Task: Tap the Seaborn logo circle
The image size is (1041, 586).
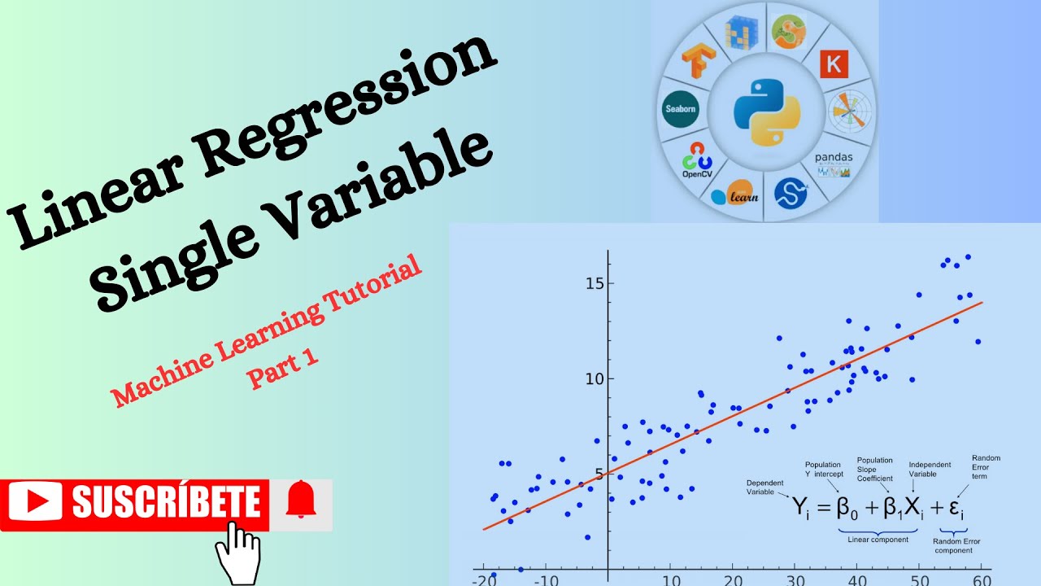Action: pos(681,109)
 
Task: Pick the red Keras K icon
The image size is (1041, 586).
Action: pos(833,63)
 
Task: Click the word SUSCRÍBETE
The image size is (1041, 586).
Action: pos(167,501)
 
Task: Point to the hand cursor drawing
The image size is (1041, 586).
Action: pos(237,553)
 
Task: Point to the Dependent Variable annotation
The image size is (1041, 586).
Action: pos(765,488)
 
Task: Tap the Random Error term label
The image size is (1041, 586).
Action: pos(986,467)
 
